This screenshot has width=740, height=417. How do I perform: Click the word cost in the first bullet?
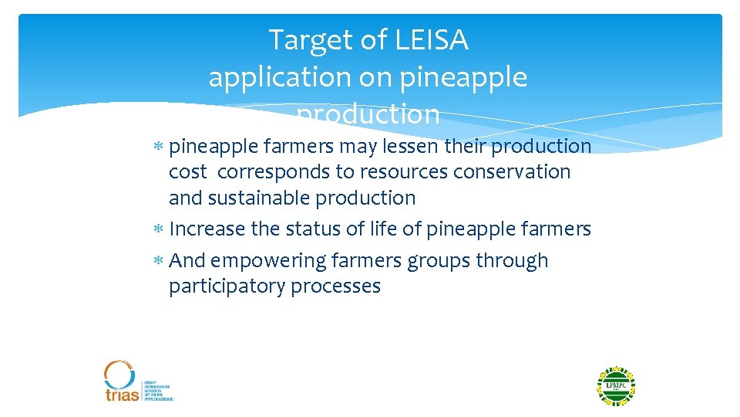[x=188, y=171]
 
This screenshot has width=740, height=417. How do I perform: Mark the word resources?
[x=402, y=171]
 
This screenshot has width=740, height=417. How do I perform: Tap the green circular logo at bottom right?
[x=615, y=386]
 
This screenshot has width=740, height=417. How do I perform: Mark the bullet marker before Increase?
[x=159, y=230]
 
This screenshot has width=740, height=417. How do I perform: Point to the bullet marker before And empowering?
[x=159, y=262]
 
